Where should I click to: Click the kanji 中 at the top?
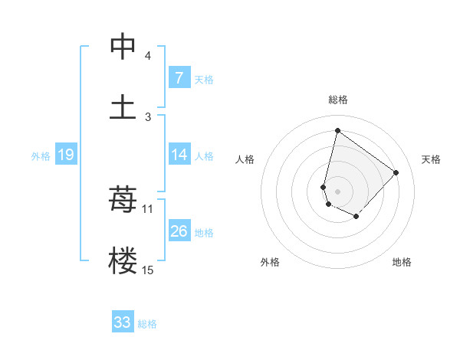point(123,47)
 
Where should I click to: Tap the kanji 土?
point(123,106)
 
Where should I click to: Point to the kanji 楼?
point(123,260)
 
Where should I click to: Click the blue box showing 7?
point(179,78)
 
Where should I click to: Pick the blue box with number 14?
point(179,155)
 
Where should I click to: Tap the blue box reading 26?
point(179,231)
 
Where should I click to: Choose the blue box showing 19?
point(65,155)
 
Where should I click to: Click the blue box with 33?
point(123,322)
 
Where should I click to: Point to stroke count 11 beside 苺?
point(148,208)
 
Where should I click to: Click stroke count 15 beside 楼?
point(148,270)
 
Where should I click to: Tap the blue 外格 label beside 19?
point(41,156)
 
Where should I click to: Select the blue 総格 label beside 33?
point(147,324)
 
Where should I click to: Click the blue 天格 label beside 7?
point(204,80)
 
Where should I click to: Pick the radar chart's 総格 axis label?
point(338,100)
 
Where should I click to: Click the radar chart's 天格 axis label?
point(431,159)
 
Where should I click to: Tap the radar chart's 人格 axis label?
point(245,159)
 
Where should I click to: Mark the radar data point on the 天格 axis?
point(396,172)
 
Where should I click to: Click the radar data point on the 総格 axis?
point(337,131)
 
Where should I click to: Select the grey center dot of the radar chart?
point(338,191)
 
